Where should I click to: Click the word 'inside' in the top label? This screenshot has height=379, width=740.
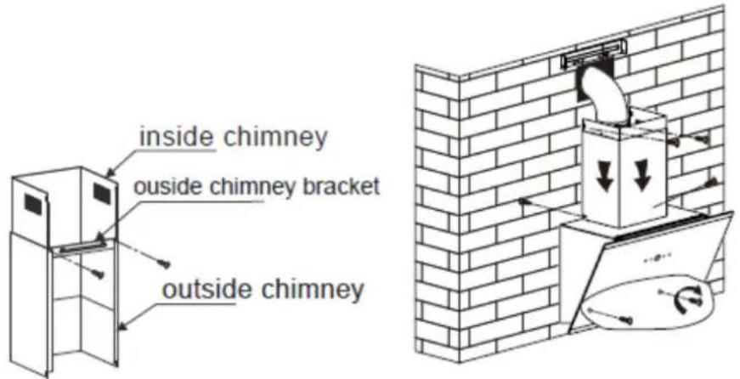coord(177,137)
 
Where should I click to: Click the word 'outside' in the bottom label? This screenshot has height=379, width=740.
coord(199,288)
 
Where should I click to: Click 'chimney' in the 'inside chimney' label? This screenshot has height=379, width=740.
coord(275,138)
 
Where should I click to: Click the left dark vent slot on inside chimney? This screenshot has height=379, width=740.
coord(33,204)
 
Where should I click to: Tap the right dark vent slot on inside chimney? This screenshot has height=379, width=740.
coord(102,194)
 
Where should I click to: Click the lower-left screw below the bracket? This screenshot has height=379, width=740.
coord(98,272)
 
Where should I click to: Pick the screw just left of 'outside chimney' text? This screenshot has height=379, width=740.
coord(164,263)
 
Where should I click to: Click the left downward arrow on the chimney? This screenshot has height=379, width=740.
coord(603,180)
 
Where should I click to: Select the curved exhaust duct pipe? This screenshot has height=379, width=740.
coord(605,99)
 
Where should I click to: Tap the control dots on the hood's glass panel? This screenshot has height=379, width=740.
coord(658,257)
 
